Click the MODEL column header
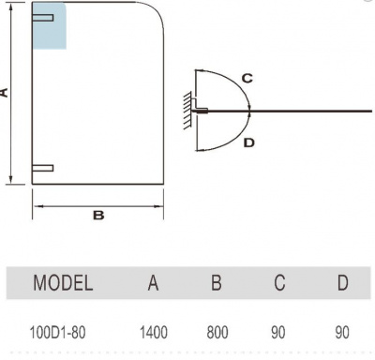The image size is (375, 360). (63, 283)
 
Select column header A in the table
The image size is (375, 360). (153, 283)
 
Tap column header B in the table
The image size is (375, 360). (217, 283)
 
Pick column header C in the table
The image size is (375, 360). (279, 283)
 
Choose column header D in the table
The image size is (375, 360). (342, 283)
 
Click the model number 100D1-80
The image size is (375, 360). (57, 333)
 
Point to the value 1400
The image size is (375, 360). (154, 333)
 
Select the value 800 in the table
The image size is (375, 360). (217, 333)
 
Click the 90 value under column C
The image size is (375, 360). (278, 333)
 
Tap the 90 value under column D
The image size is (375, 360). (342, 333)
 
